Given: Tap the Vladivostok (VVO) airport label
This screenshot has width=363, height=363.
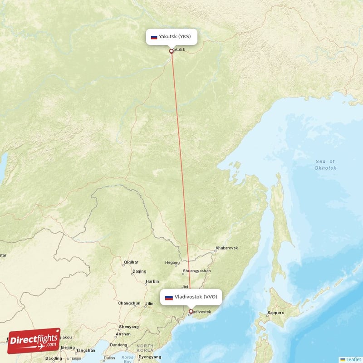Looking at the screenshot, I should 191,297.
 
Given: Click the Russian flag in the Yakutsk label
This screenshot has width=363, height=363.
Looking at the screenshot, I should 154,37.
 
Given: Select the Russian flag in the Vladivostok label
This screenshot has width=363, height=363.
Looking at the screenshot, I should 169,298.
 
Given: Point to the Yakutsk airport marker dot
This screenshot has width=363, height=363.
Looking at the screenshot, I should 172,51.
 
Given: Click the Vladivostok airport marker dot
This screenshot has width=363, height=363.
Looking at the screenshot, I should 191,312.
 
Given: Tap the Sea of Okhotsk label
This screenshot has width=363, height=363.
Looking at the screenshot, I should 325,165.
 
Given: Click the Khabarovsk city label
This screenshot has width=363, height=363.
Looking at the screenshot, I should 226,248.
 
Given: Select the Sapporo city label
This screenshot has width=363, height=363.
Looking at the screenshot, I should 275,313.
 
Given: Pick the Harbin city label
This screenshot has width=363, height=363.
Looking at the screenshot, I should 152,281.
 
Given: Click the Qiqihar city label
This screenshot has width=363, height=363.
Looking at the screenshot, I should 131,262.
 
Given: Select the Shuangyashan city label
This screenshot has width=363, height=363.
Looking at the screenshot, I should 196,271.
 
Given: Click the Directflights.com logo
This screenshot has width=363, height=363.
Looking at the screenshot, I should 34,341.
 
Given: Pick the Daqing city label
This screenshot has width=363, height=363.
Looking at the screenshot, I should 139,272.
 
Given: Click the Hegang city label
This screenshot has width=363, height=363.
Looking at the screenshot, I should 172,262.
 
